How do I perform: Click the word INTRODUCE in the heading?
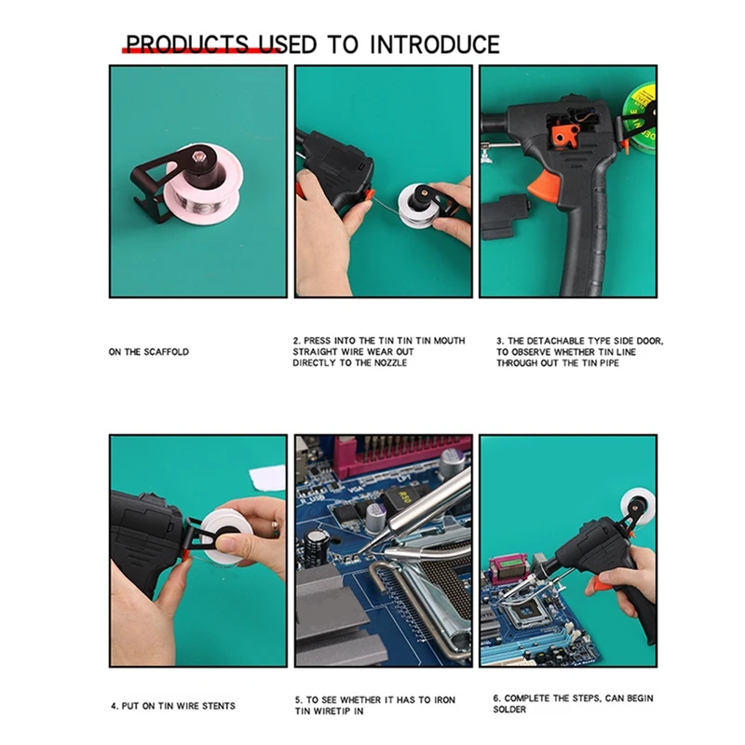(434, 45)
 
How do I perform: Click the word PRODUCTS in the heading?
(187, 45)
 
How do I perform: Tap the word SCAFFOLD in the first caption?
(167, 352)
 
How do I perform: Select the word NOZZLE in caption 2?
(390, 363)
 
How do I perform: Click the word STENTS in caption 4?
(219, 706)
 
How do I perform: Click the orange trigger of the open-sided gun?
(543, 184)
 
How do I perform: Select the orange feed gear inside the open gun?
(564, 136)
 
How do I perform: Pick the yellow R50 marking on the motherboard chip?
(404, 498)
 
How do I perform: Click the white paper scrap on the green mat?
(267, 478)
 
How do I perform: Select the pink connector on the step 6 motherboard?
(508, 570)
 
